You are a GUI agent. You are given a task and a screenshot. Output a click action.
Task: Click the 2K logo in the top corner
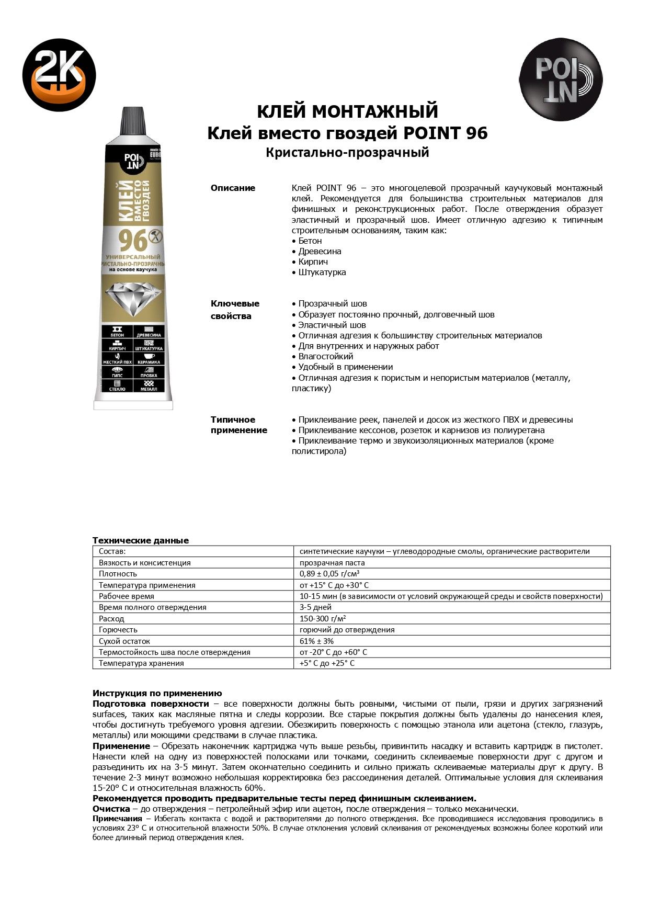click(59, 75)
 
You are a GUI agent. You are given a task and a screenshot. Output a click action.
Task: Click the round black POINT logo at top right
click(561, 80)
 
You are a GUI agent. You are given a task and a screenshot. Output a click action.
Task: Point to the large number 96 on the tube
click(132, 241)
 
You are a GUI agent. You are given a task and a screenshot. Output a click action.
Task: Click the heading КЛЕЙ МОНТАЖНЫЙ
click(347, 111)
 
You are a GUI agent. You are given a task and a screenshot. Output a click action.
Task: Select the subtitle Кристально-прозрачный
click(347, 152)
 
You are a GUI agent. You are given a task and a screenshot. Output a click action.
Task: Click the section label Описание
click(233, 188)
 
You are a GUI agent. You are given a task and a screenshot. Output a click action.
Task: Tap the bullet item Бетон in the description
click(310, 241)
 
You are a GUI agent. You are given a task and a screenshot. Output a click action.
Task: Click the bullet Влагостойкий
click(325, 356)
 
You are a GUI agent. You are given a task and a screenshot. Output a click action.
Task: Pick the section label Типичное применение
click(238, 425)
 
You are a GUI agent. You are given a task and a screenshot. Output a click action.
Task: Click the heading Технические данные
click(141, 540)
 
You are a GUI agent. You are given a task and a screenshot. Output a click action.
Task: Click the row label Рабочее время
click(127, 596)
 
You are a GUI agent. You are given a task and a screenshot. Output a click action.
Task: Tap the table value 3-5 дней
click(315, 607)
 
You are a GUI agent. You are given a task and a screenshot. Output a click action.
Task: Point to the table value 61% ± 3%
click(316, 641)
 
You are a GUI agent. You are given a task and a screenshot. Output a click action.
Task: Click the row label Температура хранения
click(141, 663)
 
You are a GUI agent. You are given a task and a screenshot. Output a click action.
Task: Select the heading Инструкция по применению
click(157, 693)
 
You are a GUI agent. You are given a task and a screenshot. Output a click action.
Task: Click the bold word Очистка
click(111, 809)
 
